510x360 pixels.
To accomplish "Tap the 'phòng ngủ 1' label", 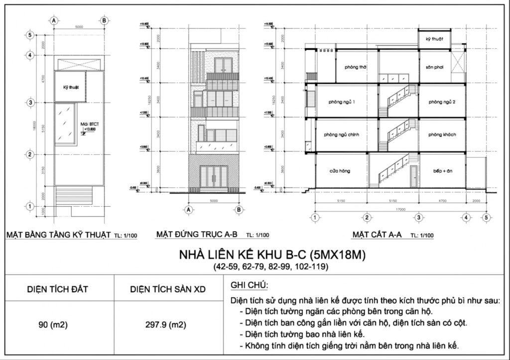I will [x=342, y=102].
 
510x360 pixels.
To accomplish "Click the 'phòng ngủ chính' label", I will [x=341, y=134].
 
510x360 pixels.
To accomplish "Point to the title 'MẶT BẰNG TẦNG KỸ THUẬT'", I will [x=57, y=235].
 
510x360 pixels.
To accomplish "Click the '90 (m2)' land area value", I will [x=53, y=326].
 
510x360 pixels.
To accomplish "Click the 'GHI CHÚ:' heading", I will [x=250, y=285].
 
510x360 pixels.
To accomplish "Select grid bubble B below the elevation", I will [x=239, y=210].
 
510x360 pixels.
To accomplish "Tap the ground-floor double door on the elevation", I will [x=214, y=177].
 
